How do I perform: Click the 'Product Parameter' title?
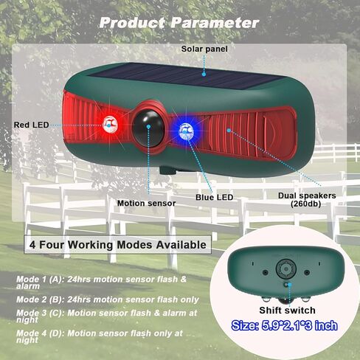(179, 23)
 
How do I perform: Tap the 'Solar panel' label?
(204, 49)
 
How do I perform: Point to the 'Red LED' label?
(31, 125)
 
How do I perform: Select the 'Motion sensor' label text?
(146, 204)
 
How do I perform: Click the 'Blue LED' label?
(214, 197)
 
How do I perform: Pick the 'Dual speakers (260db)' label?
(307, 199)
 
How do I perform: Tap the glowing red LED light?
(111, 125)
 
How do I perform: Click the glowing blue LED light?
(187, 130)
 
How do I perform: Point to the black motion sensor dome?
(148, 128)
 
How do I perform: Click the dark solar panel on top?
(187, 75)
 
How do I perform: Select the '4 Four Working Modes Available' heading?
(118, 245)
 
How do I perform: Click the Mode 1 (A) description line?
(101, 283)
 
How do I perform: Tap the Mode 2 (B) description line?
(108, 300)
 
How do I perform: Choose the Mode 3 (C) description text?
(107, 316)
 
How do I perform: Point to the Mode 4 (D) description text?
(100, 336)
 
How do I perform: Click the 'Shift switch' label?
(287, 311)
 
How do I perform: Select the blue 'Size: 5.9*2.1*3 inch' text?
(284, 325)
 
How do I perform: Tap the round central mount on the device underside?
(285, 269)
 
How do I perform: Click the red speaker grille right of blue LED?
(249, 134)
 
